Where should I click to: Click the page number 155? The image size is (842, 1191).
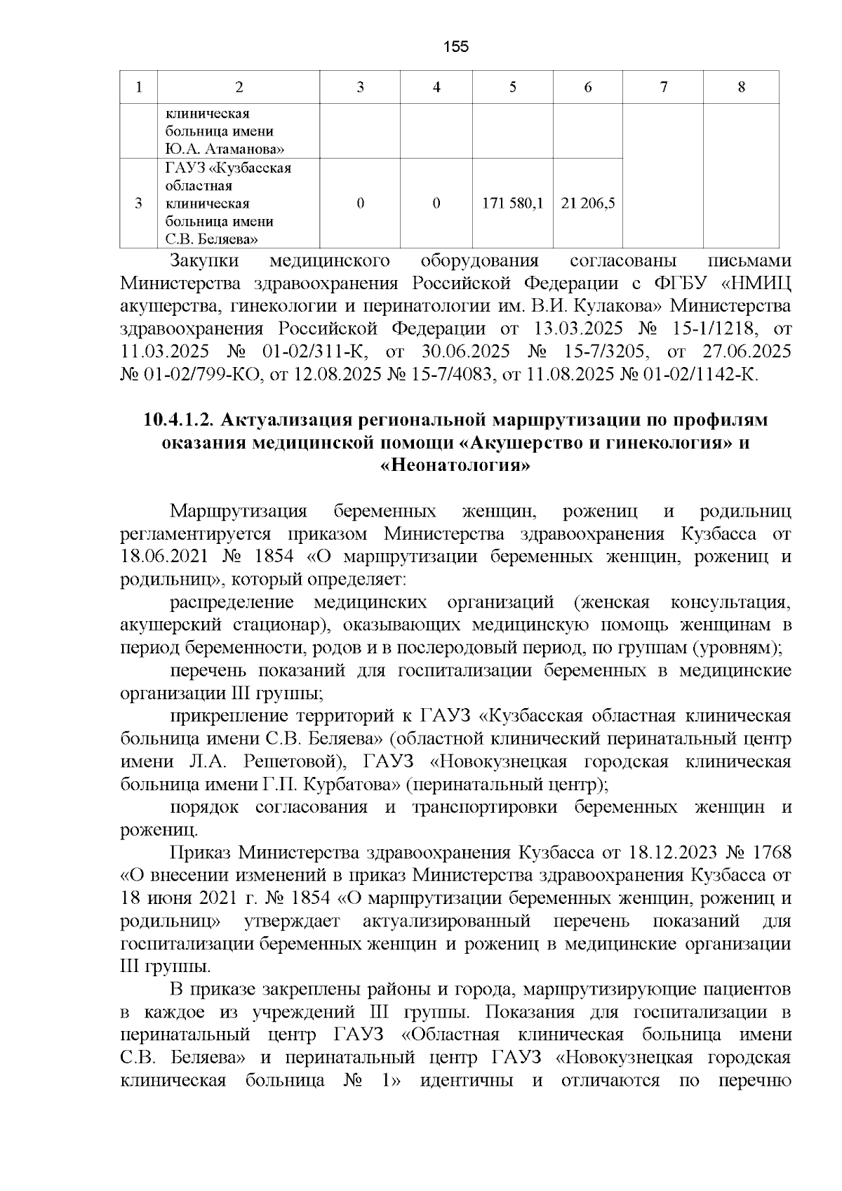click(x=456, y=47)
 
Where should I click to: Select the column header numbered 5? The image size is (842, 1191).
click(x=513, y=87)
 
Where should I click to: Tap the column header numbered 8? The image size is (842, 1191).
click(x=742, y=87)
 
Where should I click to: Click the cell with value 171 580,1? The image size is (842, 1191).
click(x=513, y=204)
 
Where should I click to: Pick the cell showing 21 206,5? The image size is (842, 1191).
click(x=588, y=204)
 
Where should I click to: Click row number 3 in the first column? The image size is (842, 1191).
click(x=138, y=204)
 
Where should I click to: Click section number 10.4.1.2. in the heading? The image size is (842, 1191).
click(x=178, y=420)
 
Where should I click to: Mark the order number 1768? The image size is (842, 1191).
click(x=771, y=853)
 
